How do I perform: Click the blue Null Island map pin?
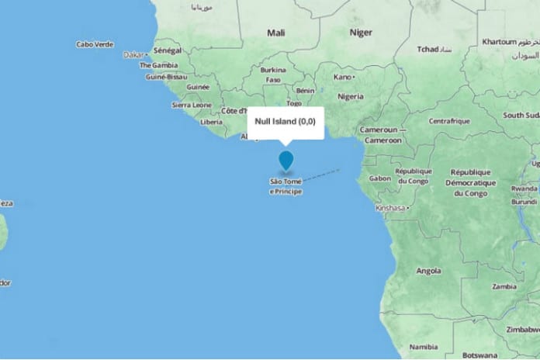[x=286, y=160]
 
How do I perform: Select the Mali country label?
[x=276, y=33]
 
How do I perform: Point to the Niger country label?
[x=361, y=33]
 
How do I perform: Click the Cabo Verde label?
[x=95, y=45]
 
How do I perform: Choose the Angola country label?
[x=428, y=271]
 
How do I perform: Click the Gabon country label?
[x=380, y=178]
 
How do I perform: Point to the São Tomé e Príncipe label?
[x=286, y=185]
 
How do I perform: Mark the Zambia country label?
[x=504, y=286]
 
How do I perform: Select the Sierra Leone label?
[x=191, y=104]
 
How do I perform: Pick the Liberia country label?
[x=211, y=122]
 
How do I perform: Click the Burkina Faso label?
[x=273, y=74]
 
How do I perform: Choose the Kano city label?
[x=344, y=77]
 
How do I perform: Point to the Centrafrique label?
[x=451, y=121]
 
